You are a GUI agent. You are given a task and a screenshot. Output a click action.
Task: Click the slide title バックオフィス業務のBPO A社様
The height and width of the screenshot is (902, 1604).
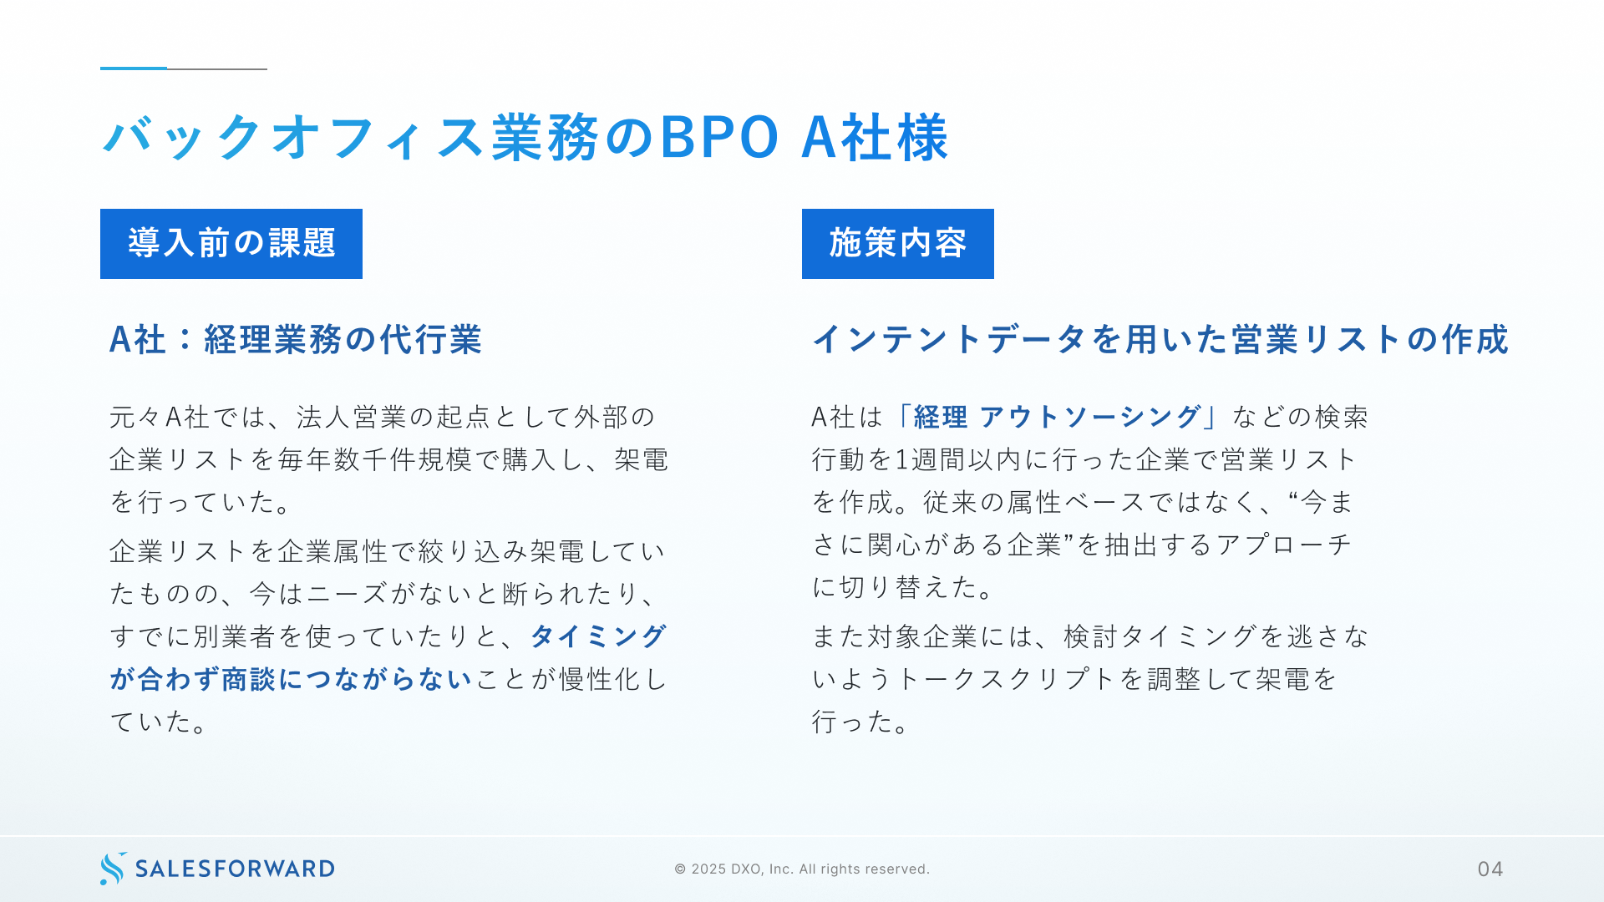[525, 137]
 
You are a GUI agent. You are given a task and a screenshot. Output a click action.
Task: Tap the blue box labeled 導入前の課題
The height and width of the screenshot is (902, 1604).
[231, 244]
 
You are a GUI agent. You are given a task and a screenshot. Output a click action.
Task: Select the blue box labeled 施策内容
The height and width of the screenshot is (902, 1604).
[898, 244]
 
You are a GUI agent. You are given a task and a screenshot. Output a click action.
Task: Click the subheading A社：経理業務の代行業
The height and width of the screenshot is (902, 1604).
[296, 340]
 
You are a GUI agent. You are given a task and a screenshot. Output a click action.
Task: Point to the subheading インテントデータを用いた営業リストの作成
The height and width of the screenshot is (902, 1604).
[1160, 340]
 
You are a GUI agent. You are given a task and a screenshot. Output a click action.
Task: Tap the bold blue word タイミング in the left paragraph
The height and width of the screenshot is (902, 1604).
[598, 636]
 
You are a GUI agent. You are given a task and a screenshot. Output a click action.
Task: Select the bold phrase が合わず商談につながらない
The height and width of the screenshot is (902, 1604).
[291, 679]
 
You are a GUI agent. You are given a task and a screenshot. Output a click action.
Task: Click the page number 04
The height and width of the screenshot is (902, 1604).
[1490, 869]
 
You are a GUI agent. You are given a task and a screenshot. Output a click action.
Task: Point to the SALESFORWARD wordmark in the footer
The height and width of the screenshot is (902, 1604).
[235, 869]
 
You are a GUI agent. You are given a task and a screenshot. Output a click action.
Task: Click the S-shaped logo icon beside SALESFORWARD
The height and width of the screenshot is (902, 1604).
[113, 869]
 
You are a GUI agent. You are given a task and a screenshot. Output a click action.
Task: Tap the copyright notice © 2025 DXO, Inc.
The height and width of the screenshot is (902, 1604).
[802, 869]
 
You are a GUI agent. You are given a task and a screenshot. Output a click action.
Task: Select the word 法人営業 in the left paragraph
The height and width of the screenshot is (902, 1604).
[352, 417]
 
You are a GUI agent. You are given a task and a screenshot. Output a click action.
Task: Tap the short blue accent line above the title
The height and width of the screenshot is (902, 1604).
[134, 68]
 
